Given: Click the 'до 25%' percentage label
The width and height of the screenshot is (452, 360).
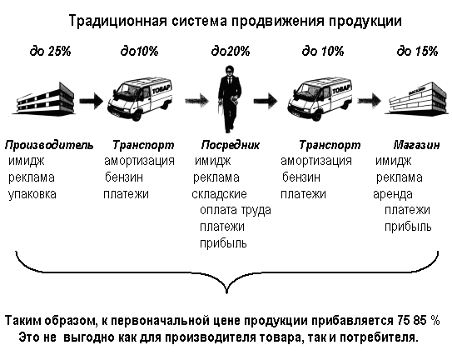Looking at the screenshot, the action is (51, 52).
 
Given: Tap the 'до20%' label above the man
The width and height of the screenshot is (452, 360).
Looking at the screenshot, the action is (231, 52).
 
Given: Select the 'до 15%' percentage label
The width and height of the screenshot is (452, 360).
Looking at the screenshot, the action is (417, 52).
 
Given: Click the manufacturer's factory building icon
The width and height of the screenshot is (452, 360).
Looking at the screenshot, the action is (45, 98).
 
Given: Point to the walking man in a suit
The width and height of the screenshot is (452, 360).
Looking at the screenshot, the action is (230, 99).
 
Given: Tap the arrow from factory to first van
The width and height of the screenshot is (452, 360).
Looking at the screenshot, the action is (91, 101).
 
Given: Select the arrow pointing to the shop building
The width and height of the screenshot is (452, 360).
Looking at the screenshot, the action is (370, 101).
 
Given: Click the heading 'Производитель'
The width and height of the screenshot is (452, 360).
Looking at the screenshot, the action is (49, 145).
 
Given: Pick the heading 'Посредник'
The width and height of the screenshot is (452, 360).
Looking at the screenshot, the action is (231, 145).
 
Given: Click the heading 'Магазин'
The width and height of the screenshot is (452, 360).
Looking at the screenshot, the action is (416, 145).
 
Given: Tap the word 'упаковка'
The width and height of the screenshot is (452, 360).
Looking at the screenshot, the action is (32, 194).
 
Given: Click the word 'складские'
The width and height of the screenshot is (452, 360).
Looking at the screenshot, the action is (219, 194).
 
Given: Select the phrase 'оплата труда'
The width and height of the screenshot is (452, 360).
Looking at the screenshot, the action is (236, 211).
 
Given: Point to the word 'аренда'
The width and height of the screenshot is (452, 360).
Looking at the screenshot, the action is (393, 194).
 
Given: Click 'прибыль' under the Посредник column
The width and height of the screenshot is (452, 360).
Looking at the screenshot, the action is (223, 243).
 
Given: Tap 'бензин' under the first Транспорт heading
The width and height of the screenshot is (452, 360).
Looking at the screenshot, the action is (124, 177).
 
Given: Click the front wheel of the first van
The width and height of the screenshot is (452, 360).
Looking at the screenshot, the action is (137, 115).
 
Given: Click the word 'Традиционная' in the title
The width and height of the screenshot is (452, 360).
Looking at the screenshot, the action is (118, 22).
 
